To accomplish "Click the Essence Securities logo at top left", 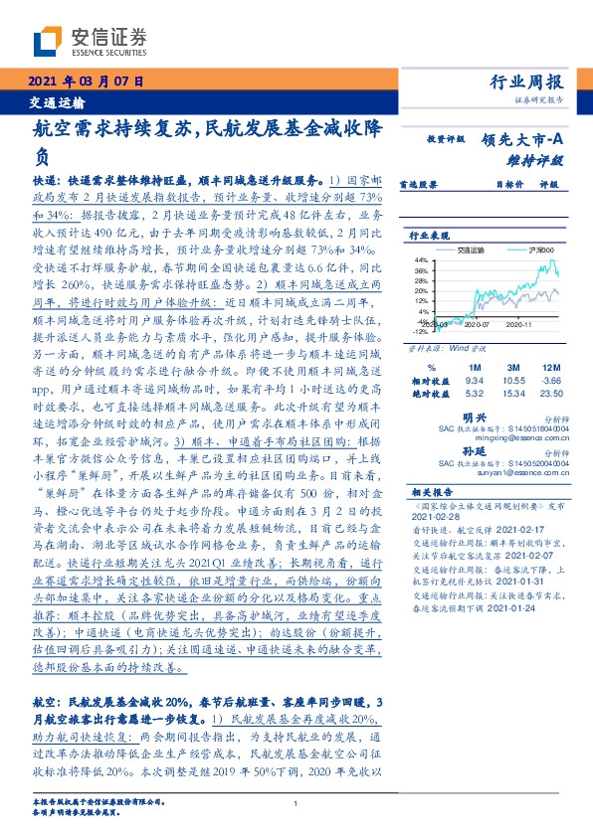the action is click(x=90, y=41).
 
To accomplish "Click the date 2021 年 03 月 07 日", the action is click(x=88, y=82).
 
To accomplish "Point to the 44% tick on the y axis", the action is click(x=422, y=260).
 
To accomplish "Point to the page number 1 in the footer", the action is click(x=296, y=803).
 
